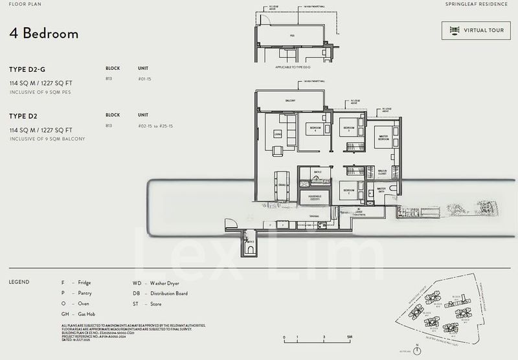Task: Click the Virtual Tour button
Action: [x=476, y=30]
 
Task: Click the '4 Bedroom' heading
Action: [x=44, y=34]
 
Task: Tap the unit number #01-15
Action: [x=144, y=78]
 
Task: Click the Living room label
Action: [x=277, y=135]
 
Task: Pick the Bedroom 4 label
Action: [x=315, y=129]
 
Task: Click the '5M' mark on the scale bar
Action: [x=348, y=338]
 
